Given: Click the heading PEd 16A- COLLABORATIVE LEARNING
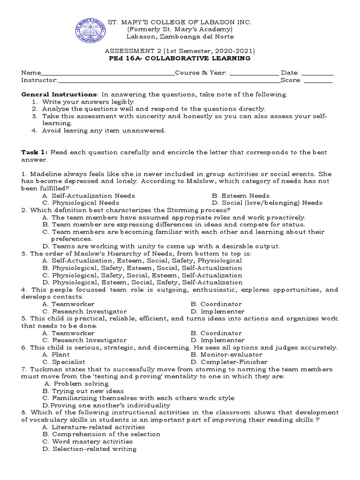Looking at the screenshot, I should tap(180, 59).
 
